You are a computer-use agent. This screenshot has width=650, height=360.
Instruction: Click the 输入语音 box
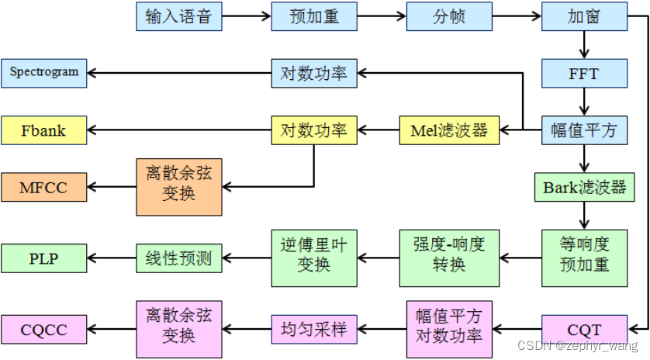[178, 16]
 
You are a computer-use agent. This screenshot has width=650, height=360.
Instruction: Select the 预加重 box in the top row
[314, 16]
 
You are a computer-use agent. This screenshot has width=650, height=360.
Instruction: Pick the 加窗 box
[583, 16]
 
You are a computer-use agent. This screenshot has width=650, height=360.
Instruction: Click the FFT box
[583, 74]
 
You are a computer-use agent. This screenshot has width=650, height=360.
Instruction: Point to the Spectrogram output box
[43, 72]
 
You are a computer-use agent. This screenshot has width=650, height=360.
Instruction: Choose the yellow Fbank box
[43, 130]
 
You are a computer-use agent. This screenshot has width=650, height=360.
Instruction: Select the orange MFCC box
[43, 187]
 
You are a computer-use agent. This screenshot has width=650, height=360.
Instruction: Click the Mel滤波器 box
[449, 130]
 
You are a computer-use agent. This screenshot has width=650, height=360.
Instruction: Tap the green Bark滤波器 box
[583, 187]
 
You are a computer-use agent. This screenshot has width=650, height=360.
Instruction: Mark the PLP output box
[43, 258]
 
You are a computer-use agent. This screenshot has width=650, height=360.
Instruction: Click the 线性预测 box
[178, 258]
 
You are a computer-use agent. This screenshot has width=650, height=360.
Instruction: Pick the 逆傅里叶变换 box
[314, 257]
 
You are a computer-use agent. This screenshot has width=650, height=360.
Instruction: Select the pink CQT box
[583, 330]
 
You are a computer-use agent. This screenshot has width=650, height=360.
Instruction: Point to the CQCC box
[43, 330]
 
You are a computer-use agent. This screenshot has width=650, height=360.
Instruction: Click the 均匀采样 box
[314, 330]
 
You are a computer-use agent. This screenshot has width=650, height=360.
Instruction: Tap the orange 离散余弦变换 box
[178, 187]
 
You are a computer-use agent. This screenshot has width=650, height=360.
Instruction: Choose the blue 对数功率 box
[314, 74]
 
